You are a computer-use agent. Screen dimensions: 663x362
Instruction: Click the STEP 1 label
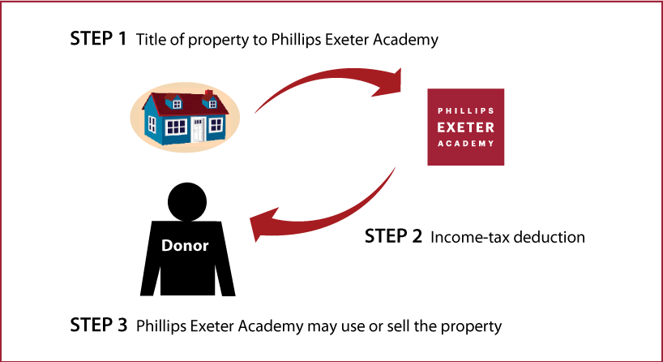coord(98,38)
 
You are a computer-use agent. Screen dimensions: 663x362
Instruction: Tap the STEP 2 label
coord(393,236)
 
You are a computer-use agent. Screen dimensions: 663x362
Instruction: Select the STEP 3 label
coord(99,325)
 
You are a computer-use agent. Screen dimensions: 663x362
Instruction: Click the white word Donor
coord(185,246)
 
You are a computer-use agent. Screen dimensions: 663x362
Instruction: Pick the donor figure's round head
coord(187,202)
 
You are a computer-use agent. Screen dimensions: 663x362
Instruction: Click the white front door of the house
coord(198,130)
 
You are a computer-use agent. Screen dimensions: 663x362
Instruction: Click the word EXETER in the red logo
coord(465,127)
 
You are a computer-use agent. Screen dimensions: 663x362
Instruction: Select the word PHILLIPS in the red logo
coord(465,111)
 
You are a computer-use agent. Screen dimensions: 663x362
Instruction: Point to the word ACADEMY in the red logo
coord(465,144)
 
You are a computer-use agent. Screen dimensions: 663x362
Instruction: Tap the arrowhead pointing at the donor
coord(264,223)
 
